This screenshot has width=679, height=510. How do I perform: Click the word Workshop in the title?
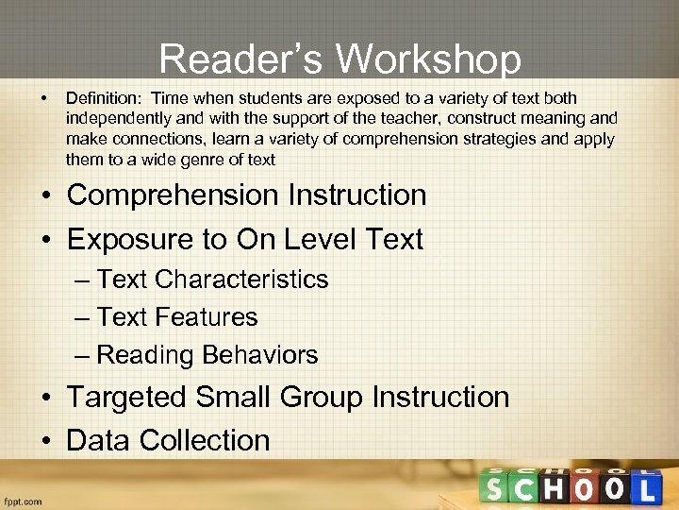pyautogui.click(x=429, y=59)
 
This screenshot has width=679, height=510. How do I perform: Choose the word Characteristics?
pyautogui.click(x=241, y=280)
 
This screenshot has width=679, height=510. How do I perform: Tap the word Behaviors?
pyautogui.click(x=260, y=355)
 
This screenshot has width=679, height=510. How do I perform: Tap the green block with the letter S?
pyautogui.click(x=497, y=489)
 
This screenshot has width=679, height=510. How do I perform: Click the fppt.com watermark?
pyautogui.click(x=23, y=501)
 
